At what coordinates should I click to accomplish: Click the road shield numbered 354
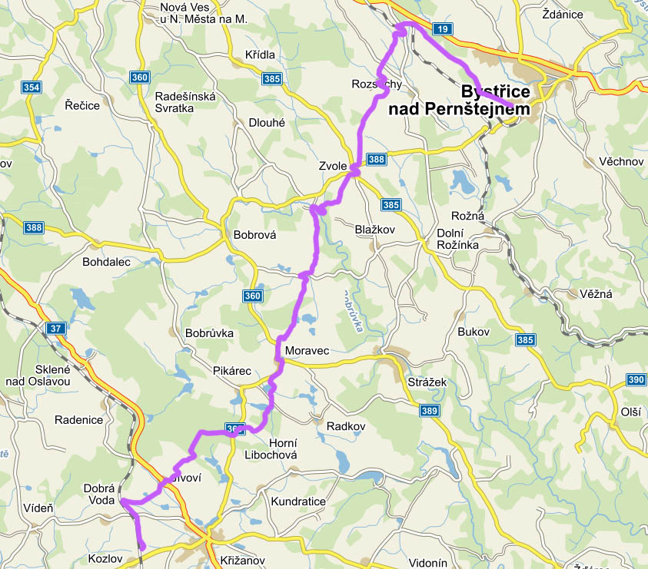click(x=31, y=88)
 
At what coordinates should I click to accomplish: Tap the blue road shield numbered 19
click(x=440, y=30)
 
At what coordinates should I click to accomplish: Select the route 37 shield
click(x=55, y=329)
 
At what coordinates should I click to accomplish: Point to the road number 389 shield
click(x=430, y=412)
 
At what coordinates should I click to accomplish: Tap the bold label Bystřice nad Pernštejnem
click(x=460, y=101)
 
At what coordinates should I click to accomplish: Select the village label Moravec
click(x=307, y=351)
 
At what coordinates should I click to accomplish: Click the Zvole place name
click(x=334, y=166)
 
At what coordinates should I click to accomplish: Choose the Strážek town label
click(x=427, y=382)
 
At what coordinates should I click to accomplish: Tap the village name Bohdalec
click(x=106, y=262)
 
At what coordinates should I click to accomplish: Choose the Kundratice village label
click(x=299, y=501)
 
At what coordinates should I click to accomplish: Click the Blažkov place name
click(x=374, y=230)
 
